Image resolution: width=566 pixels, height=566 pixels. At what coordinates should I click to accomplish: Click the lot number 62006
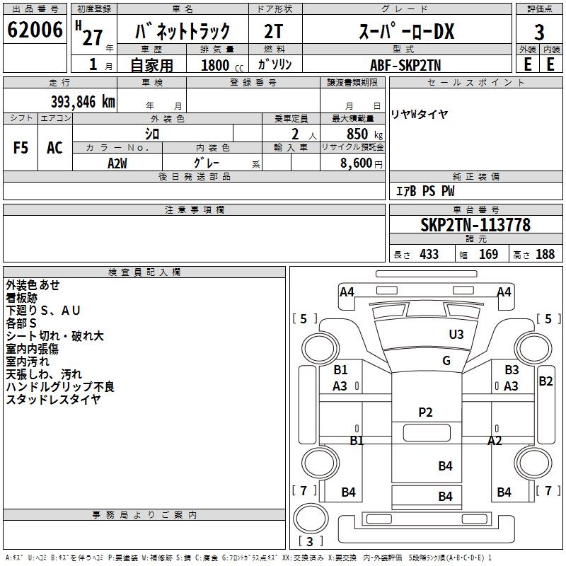tap(35, 30)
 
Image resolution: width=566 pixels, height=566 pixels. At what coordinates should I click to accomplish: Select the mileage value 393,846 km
tap(83, 102)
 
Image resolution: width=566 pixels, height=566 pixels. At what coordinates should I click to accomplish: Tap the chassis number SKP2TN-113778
tap(475, 225)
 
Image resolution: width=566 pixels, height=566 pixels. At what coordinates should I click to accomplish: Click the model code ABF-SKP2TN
tap(405, 65)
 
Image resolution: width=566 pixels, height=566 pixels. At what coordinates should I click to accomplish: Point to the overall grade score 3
tap(539, 32)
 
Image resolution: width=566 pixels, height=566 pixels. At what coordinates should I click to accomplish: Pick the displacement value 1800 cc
tap(222, 65)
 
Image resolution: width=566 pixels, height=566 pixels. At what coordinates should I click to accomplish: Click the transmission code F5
tap(21, 148)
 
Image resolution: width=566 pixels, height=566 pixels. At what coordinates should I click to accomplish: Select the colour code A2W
tap(117, 163)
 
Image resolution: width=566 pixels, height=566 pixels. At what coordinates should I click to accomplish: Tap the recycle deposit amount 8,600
tap(357, 163)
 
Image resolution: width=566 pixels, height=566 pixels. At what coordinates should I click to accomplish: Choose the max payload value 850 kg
tap(364, 134)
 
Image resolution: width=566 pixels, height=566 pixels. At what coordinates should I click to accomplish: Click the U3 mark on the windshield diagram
tap(456, 334)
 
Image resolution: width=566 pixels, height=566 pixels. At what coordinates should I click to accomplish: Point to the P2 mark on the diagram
tap(425, 412)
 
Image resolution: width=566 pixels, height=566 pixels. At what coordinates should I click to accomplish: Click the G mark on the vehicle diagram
tap(446, 360)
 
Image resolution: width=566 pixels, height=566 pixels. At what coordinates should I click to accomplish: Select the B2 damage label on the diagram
tap(545, 381)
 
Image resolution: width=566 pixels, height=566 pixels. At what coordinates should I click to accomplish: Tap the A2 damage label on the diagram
tap(495, 440)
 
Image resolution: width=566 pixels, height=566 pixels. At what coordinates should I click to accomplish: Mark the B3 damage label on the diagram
tap(512, 369)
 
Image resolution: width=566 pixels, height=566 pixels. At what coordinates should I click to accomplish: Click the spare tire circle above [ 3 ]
tap(311, 518)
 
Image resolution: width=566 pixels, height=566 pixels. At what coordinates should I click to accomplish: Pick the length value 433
tap(429, 254)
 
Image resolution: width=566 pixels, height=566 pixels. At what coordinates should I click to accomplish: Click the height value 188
tap(545, 254)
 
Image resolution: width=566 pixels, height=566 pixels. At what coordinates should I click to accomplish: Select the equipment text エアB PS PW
tap(425, 191)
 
